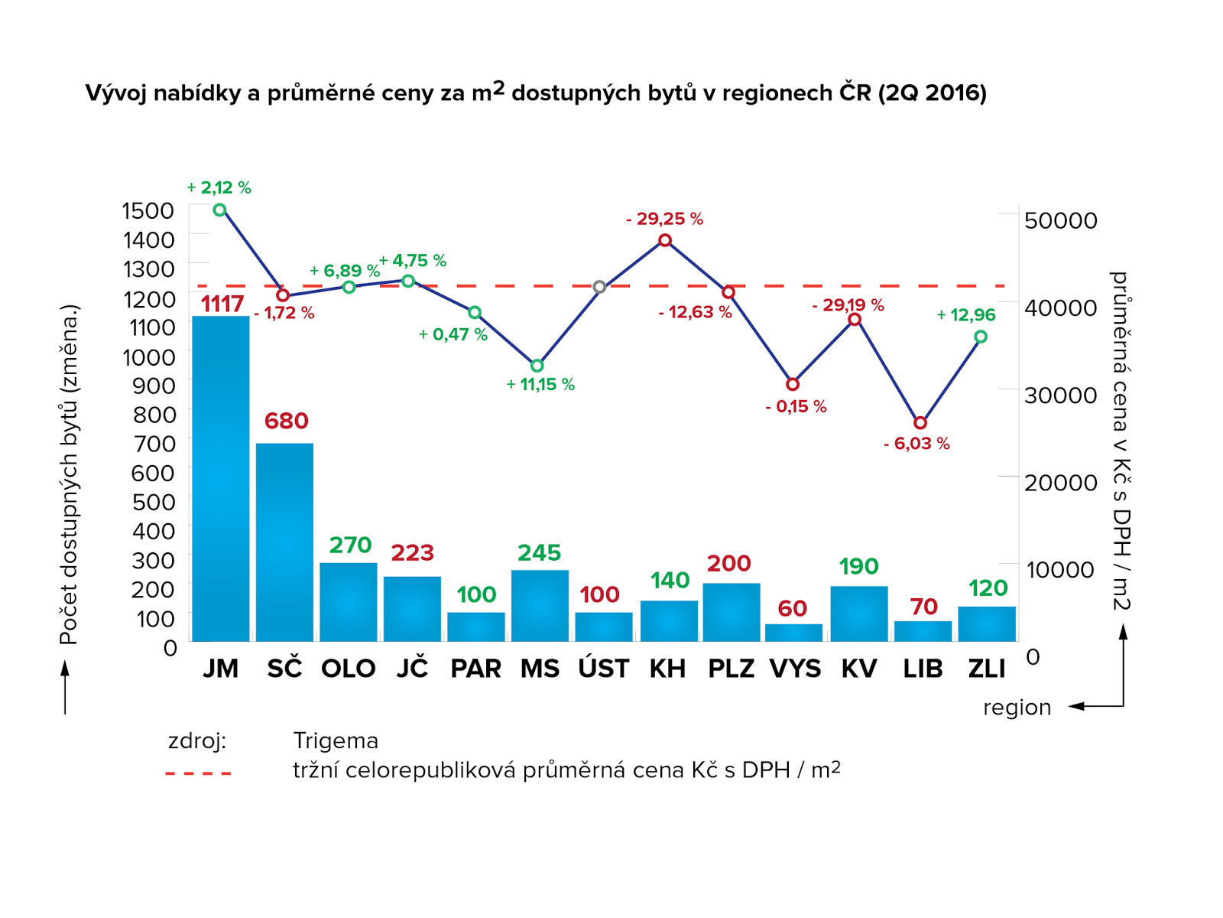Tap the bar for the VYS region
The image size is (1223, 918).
[x=793, y=633]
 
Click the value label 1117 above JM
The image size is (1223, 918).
[x=222, y=304]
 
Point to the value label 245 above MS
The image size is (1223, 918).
[x=539, y=552]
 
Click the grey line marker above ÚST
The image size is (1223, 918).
[x=600, y=287]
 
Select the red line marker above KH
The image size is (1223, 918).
[x=665, y=240]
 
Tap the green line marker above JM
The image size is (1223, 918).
[x=220, y=210]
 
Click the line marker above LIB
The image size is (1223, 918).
[x=920, y=423]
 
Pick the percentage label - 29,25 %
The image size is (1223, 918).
[x=664, y=219]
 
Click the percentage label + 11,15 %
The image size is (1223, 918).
[x=540, y=384]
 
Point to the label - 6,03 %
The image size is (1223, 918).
[x=916, y=444]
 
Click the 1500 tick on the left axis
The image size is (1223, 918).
[x=148, y=210]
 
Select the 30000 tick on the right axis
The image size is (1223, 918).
[x=1060, y=396]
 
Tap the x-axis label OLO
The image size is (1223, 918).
[x=349, y=669]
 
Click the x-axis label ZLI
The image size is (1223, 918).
[x=987, y=669]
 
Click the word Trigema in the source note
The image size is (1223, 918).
[x=336, y=741]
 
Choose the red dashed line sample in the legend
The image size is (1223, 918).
[x=198, y=773]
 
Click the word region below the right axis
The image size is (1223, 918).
[x=1017, y=708]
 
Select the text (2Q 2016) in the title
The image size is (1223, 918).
[x=932, y=93]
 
